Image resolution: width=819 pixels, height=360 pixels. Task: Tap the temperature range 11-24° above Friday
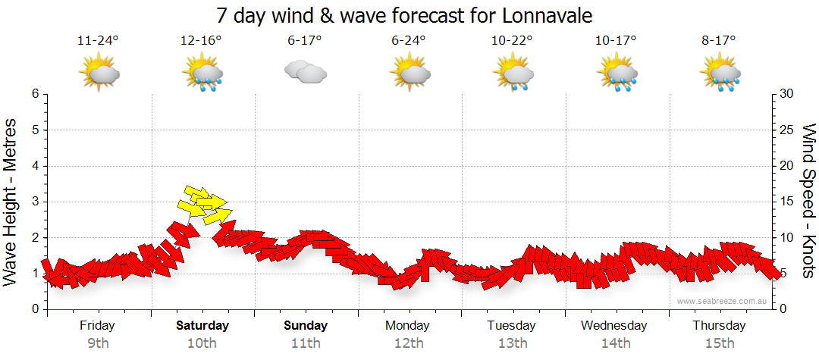click(98, 41)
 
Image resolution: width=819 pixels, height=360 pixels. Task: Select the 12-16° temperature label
click(201, 41)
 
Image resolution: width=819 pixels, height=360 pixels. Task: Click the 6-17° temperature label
click(305, 41)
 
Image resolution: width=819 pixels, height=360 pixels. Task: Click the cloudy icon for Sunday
click(305, 72)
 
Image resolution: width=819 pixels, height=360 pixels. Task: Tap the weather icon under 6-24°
click(410, 73)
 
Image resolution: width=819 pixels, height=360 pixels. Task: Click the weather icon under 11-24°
click(99, 73)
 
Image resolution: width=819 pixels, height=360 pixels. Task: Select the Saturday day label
click(202, 326)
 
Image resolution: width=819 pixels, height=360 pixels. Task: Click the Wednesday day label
click(614, 326)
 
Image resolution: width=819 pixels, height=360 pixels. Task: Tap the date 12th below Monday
click(409, 343)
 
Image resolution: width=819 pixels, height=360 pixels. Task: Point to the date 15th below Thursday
click(719, 343)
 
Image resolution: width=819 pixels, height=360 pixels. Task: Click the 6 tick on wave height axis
click(35, 94)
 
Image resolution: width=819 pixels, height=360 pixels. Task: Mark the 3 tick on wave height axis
click(35, 202)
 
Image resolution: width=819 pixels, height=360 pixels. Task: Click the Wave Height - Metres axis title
click(11, 202)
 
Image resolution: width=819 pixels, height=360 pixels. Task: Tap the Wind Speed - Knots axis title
click(808, 202)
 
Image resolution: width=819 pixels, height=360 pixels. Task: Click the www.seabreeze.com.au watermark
click(723, 301)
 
